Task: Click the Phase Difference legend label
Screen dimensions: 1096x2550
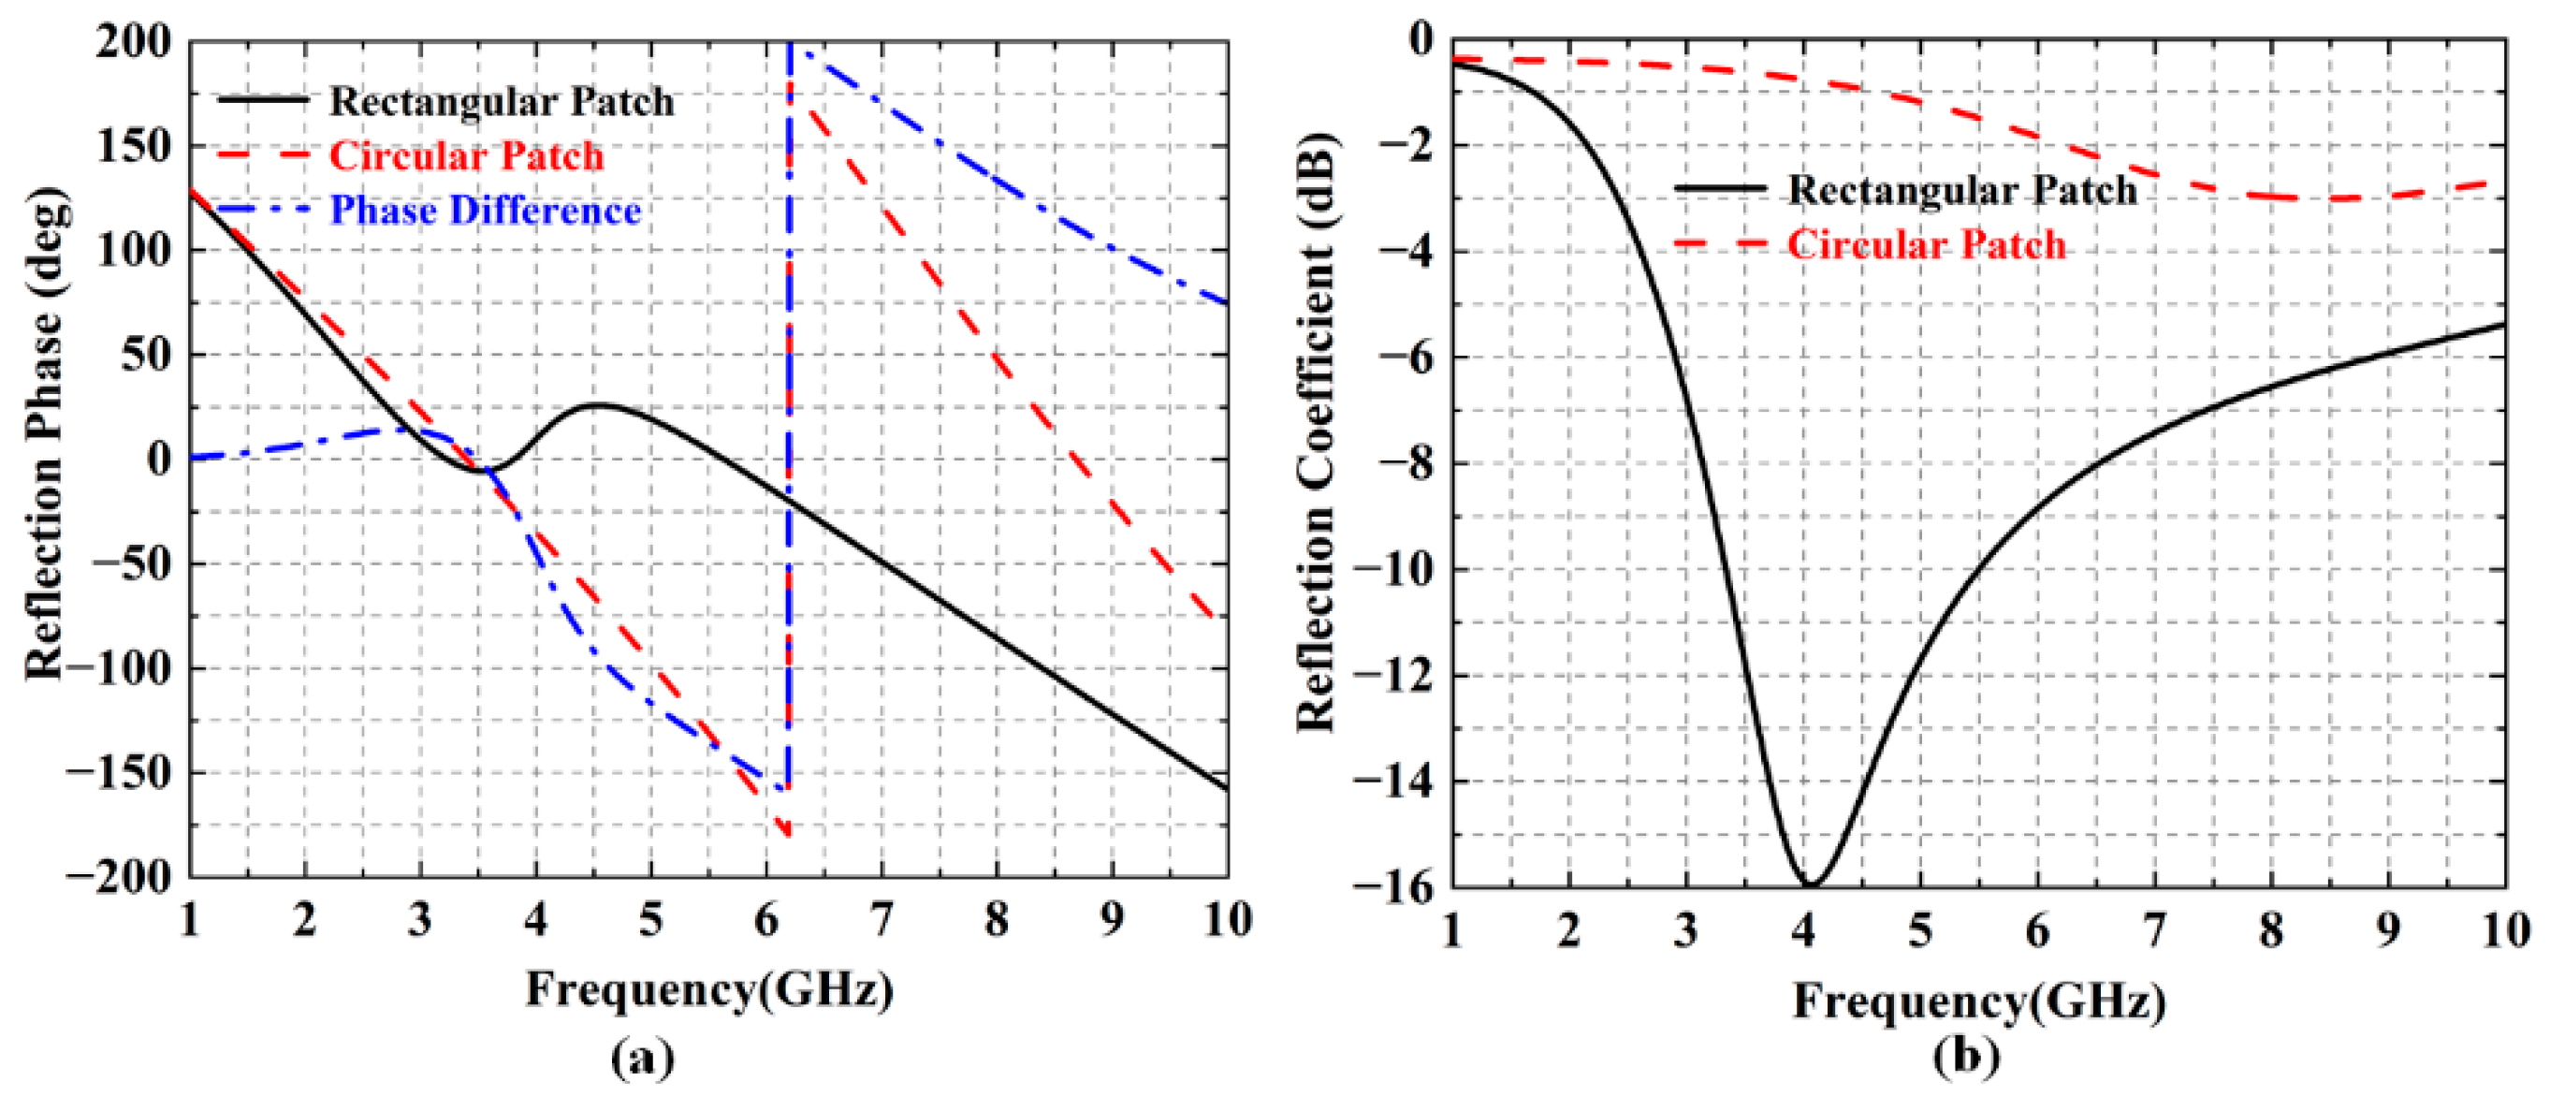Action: [x=485, y=211]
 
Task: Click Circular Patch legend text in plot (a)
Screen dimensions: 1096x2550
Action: [x=466, y=156]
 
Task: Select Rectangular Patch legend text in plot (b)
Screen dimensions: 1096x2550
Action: [x=1962, y=190]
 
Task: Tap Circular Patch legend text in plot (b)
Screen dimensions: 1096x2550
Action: [x=1927, y=244]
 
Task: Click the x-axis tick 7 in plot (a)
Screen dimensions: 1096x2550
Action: [x=881, y=921]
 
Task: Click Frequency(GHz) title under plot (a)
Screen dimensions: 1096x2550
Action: [x=708, y=989]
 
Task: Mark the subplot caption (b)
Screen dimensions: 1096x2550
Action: [x=1966, y=1059]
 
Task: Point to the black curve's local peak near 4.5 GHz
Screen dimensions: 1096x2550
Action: [x=597, y=405]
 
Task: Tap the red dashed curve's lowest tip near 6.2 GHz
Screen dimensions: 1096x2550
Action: [x=788, y=835]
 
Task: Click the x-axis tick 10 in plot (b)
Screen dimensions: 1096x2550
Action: [x=2505, y=930]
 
